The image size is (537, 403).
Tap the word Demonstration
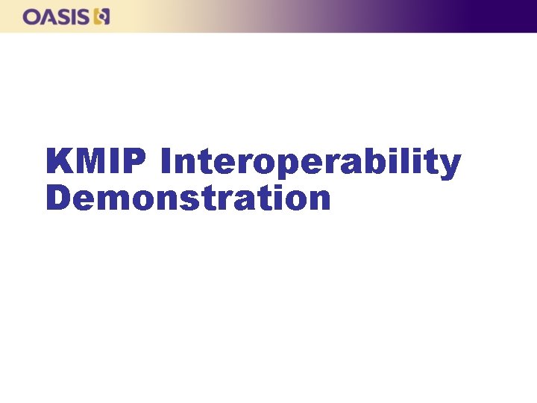click(188, 199)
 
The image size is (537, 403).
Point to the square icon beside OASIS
click(101, 16)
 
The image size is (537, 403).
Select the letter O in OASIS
click(32, 16)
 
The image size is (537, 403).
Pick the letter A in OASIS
click(48, 16)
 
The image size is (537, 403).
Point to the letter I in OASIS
click(74, 16)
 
